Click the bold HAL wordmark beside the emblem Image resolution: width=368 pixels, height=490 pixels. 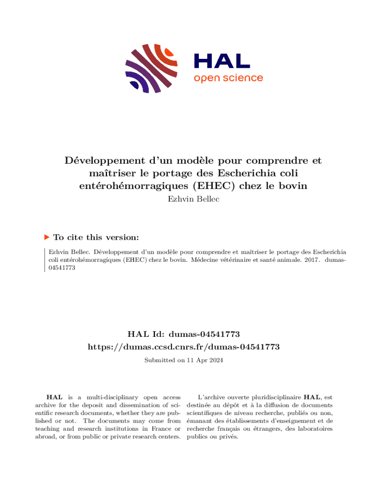point(222,61)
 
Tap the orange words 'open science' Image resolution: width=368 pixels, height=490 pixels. point(228,78)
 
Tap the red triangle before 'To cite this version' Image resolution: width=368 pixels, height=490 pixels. point(47,237)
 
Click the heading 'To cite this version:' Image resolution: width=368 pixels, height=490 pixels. point(96,237)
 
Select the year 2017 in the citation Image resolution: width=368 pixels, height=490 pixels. point(311,260)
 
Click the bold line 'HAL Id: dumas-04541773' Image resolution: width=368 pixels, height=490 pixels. point(184,334)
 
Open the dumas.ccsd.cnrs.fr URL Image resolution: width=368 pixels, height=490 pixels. point(184,346)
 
